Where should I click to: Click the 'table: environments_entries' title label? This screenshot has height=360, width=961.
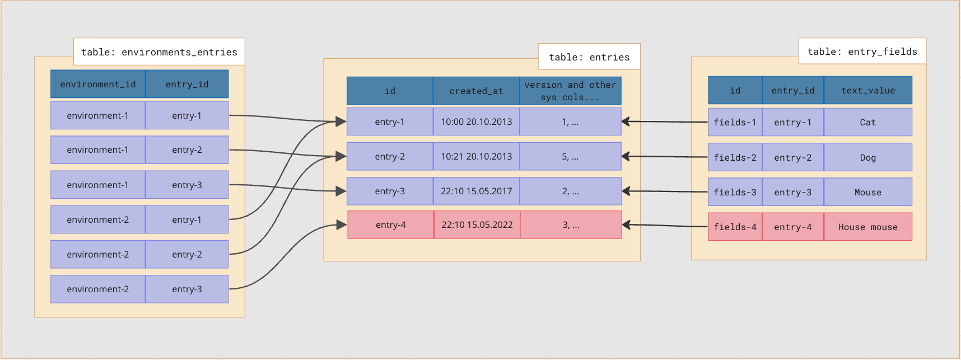click(159, 52)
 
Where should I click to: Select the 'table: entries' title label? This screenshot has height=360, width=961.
click(589, 57)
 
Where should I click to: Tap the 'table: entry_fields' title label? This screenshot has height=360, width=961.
click(862, 52)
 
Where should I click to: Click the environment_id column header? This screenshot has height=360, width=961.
click(98, 84)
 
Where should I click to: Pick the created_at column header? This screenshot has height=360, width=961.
click(476, 91)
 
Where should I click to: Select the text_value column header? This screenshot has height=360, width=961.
click(867, 90)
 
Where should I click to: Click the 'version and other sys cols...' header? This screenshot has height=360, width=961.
click(570, 91)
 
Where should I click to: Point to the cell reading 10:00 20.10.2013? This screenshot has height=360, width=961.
click(476, 121)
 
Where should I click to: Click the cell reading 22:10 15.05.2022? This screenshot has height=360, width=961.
click(477, 225)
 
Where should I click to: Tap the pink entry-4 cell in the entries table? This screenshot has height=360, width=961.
click(390, 225)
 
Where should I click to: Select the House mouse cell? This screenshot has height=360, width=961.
click(867, 227)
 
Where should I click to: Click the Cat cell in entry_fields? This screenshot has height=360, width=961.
click(867, 122)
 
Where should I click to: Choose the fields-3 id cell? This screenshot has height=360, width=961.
click(735, 192)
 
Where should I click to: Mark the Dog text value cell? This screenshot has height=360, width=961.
click(867, 157)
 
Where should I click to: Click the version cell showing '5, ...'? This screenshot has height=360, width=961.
click(570, 156)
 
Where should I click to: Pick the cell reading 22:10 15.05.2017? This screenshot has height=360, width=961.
click(476, 191)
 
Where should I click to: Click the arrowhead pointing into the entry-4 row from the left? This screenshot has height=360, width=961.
click(341, 225)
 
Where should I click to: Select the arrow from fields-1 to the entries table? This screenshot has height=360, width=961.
click(666, 121)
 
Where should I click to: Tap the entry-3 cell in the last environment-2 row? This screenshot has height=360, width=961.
click(187, 289)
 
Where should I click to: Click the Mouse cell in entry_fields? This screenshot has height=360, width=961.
click(867, 192)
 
